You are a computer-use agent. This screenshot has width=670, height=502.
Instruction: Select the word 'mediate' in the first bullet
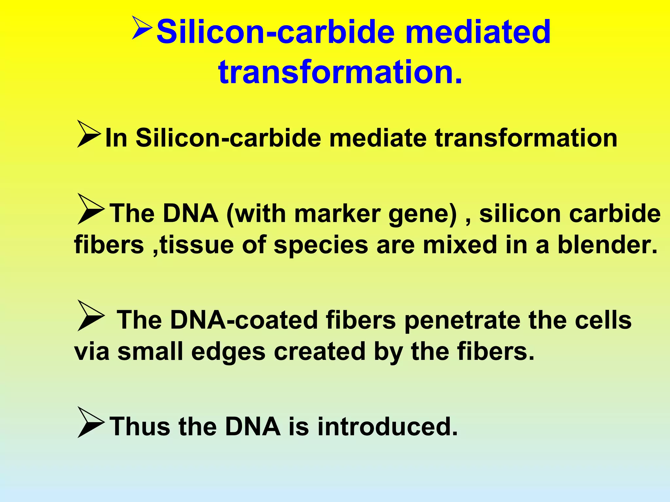click(x=378, y=138)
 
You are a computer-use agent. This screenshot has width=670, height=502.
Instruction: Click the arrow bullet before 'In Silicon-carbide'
click(x=88, y=134)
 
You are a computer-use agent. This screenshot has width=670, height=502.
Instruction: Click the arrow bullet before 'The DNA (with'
click(x=91, y=209)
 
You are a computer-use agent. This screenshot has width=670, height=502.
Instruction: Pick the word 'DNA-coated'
click(x=244, y=320)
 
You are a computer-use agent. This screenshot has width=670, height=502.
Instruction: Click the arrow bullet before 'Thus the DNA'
click(x=91, y=423)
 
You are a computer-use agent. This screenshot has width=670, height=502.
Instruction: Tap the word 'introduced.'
click(x=388, y=427)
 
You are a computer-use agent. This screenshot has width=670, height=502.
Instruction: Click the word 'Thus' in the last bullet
click(x=140, y=427)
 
